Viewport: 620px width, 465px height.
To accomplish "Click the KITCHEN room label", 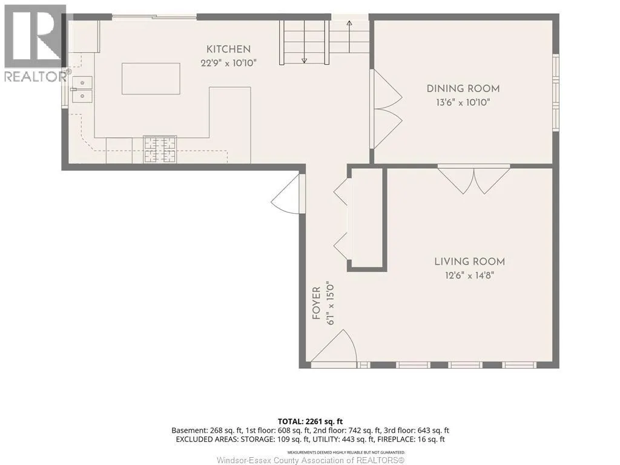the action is (228, 50).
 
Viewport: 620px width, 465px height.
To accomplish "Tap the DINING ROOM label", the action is (463, 88).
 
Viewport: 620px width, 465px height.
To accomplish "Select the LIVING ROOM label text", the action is (469, 262).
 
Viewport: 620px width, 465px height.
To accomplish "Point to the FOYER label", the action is (316, 304).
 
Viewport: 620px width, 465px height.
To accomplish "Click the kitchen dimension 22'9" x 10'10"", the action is (228, 62).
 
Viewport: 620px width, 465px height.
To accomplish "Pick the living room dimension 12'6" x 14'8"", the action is (469, 275).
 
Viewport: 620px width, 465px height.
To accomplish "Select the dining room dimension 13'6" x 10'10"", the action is (463, 102).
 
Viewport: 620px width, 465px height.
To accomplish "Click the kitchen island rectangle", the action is (151, 78).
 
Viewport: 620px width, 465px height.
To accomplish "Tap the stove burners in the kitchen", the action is (160, 149).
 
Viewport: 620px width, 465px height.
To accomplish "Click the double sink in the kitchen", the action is (82, 90).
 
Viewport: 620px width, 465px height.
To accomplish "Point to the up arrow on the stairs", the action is (349, 36).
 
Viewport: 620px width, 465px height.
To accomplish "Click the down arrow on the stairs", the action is (304, 42).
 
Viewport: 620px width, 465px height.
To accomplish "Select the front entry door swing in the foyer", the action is (334, 346).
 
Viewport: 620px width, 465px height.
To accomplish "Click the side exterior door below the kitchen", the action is (288, 194).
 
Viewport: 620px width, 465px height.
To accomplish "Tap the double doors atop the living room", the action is (473, 180).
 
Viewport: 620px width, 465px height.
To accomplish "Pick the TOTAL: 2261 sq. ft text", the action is (308, 421).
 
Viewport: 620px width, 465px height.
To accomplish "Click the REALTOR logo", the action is (35, 44).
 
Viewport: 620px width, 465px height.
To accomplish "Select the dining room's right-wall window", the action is (556, 93).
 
